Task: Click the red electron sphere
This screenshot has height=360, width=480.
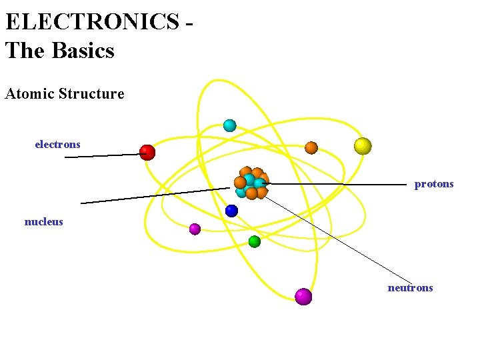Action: point(147,153)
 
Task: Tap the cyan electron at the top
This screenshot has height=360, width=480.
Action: point(229,125)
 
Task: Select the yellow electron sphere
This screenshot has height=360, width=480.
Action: point(363,146)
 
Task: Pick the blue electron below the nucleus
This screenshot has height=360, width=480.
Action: point(231,211)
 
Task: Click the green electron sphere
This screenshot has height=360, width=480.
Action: point(254,241)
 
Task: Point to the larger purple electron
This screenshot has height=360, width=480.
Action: point(303,297)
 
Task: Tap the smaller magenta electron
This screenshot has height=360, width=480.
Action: point(195,229)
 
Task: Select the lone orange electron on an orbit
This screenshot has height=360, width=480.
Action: point(311,147)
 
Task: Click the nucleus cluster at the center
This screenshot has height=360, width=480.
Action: point(251,183)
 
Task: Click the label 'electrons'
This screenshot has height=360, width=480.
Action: point(57,144)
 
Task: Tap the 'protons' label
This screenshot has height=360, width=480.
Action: point(433,183)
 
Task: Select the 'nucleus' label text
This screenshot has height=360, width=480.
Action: point(43,221)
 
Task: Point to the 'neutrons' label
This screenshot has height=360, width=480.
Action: point(410,287)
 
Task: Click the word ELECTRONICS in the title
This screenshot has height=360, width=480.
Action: point(92,21)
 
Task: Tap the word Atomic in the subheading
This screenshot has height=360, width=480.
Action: point(29,93)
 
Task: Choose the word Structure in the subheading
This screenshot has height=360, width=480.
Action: point(91,93)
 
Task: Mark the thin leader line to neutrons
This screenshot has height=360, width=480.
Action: point(340,240)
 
